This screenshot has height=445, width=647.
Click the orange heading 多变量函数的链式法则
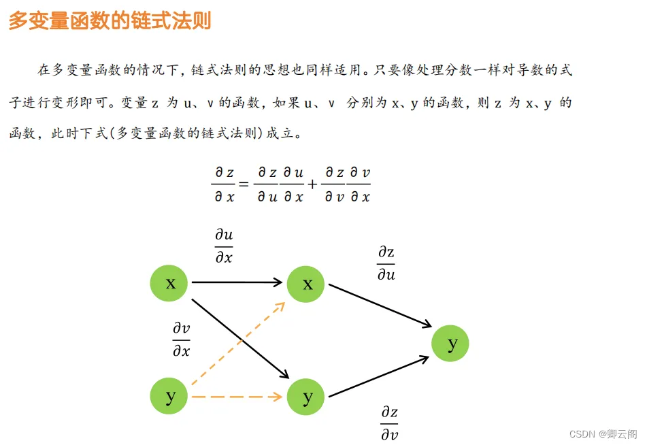(110, 20)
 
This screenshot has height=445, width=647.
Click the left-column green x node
(169, 283)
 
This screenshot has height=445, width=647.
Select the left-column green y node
(169, 396)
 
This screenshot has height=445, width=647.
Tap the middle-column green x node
(305, 284)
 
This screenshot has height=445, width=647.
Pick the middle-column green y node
(305, 397)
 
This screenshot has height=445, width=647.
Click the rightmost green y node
(450, 344)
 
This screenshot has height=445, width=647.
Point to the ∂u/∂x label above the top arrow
(224, 246)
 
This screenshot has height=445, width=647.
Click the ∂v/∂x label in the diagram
(182, 340)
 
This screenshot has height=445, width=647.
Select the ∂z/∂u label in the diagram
(386, 263)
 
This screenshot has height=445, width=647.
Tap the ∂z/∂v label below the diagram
(390, 423)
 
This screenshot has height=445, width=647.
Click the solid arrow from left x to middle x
(237, 282)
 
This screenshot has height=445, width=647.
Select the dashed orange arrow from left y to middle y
(237, 397)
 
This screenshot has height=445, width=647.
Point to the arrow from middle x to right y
(380, 306)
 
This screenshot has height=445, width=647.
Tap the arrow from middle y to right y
(379, 376)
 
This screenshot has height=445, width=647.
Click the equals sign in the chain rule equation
(244, 184)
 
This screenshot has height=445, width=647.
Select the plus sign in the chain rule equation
(312, 184)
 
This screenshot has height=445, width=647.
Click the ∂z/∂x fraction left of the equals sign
(224, 184)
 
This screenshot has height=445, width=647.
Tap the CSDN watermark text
(603, 434)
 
